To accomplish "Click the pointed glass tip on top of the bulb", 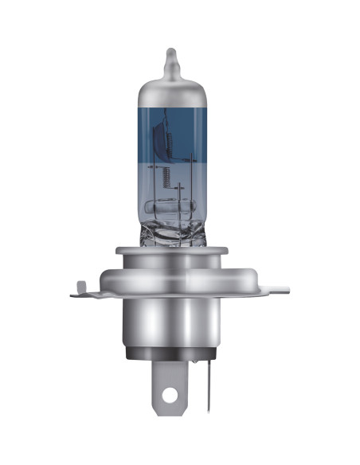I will (x=169, y=57).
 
